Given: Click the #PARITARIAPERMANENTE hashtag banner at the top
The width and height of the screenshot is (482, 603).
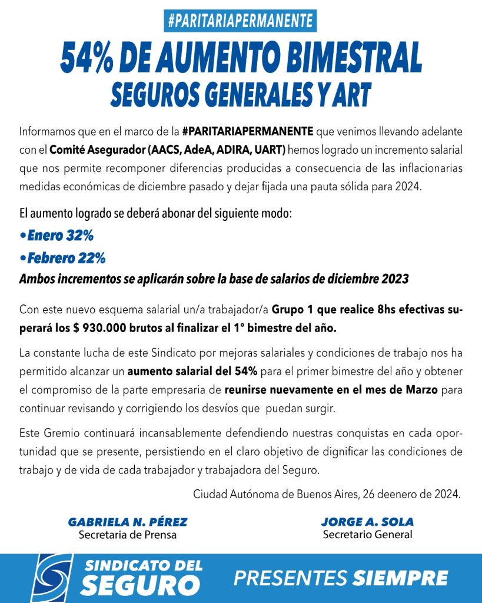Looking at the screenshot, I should [240, 21].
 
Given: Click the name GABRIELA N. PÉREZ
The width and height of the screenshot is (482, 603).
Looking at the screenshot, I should [128, 522].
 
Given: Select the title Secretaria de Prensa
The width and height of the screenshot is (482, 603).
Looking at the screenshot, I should [128, 535].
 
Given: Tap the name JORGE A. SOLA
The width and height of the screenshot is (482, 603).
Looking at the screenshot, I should [367, 522].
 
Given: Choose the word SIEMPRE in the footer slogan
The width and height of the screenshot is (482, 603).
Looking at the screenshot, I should [400, 578].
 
